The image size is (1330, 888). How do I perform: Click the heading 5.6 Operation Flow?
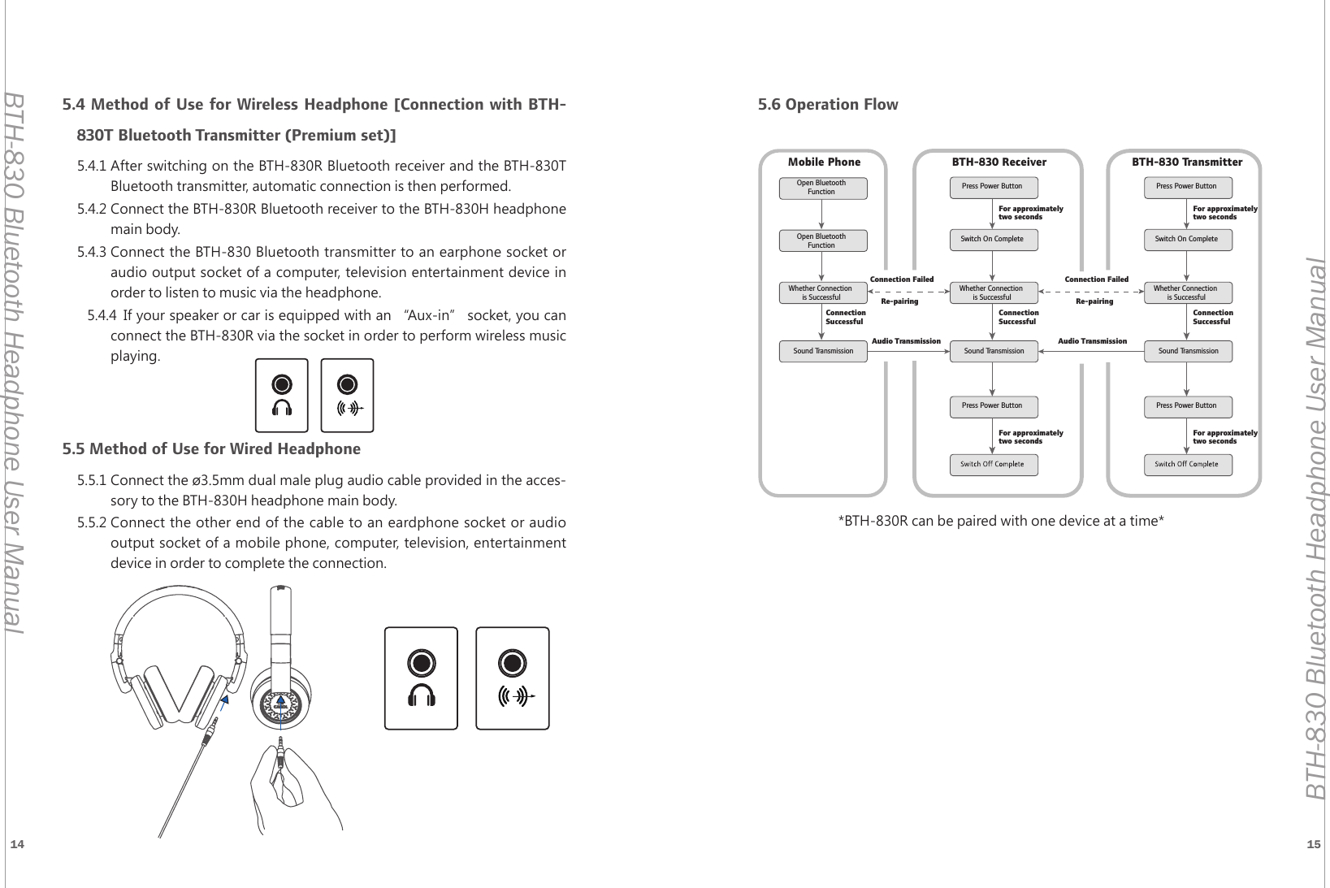[827, 105]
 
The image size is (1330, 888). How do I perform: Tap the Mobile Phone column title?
[824, 162]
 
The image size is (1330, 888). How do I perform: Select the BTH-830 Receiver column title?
[999, 162]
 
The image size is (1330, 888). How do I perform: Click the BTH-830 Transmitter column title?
[1186, 162]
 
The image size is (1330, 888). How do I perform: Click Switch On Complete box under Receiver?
[992, 240]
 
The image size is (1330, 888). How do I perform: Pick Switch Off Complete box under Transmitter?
[1186, 465]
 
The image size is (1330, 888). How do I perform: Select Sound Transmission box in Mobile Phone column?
[823, 351]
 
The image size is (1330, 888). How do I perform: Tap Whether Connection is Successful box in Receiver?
[992, 292]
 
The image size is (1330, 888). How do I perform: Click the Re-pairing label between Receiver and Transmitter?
[1094, 301]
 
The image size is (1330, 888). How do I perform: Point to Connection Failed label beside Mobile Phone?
[901, 279]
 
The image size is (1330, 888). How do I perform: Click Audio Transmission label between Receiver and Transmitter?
[1092, 341]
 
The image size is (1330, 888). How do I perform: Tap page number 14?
[16, 845]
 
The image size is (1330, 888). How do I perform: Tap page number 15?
[1313, 845]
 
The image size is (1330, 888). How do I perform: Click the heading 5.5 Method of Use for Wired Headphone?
[212, 449]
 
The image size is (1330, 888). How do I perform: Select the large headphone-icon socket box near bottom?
[421, 678]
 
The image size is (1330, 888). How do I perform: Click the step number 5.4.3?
[92, 251]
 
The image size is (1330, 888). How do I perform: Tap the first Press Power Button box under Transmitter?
[1186, 187]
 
